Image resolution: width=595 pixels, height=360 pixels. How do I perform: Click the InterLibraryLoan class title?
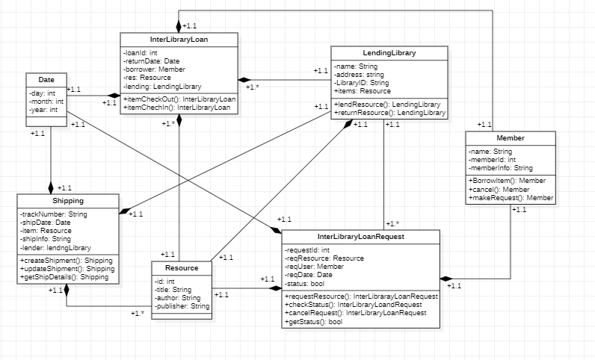(x=179, y=39)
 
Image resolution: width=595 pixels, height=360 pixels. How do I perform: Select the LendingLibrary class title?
(x=389, y=53)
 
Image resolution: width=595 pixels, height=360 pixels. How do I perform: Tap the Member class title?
(x=510, y=138)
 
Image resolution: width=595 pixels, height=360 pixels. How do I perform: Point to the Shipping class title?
(x=68, y=201)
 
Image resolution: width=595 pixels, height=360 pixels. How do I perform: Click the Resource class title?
(x=181, y=267)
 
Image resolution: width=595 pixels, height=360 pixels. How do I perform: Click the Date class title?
(x=46, y=79)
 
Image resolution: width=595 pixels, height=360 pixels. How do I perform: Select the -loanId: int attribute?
(x=141, y=53)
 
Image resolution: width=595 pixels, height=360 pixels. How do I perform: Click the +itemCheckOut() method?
(x=179, y=99)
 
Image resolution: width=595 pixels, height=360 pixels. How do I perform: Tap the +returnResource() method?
(x=389, y=113)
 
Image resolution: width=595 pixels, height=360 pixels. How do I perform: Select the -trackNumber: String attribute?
(x=54, y=215)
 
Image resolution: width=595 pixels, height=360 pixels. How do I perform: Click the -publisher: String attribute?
(x=182, y=306)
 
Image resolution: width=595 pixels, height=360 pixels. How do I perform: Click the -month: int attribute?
(x=46, y=102)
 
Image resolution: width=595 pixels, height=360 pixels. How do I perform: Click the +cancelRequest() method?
(x=356, y=313)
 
